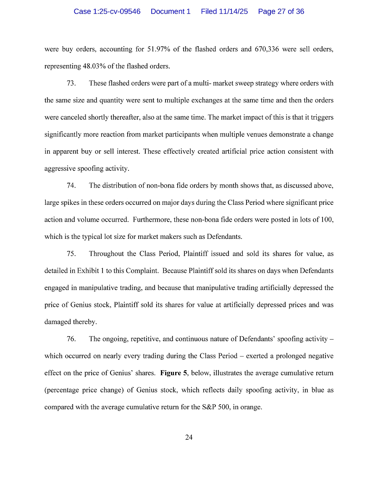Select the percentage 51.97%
[158, 49]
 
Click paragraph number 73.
[71, 83]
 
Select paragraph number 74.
[71, 186]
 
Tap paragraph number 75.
[71, 254]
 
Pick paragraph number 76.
[71, 339]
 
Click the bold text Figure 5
[174, 373]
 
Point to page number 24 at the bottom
[189, 437]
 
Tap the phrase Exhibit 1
[91, 271]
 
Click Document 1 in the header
[171, 12]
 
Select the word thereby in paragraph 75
[72, 322]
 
